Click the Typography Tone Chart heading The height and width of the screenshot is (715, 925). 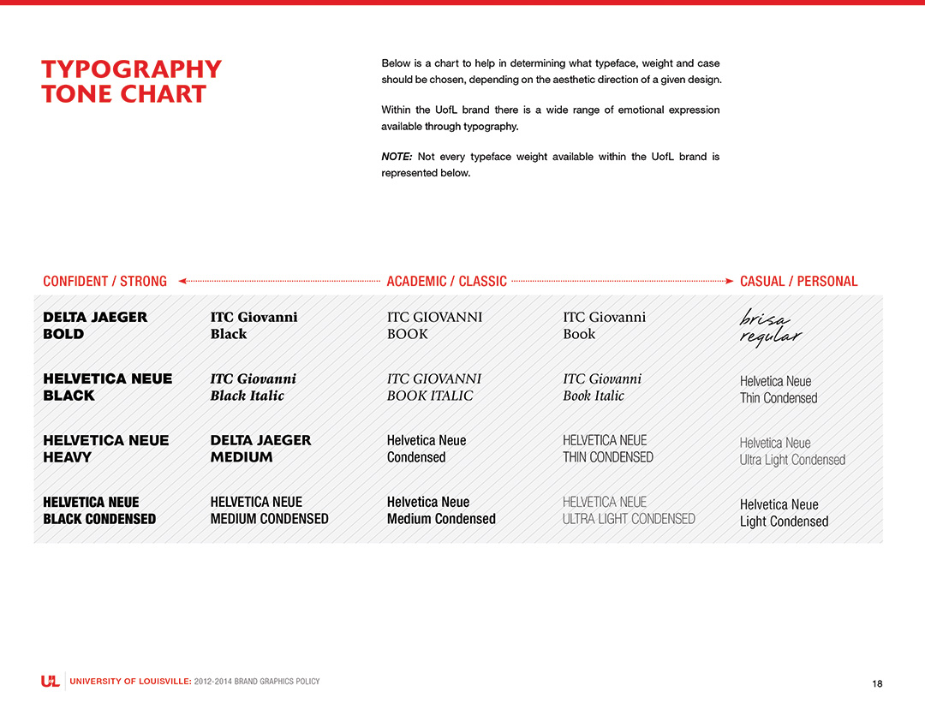[131, 81]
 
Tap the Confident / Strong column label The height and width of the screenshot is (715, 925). [104, 281]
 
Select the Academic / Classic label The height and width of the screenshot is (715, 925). [446, 281]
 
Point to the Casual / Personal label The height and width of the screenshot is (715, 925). [798, 281]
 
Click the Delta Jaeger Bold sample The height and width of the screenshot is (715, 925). [95, 325]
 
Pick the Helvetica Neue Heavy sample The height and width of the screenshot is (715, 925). [106, 449]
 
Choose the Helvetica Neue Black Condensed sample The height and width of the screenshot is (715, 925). [99, 510]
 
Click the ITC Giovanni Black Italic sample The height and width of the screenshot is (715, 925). [254, 387]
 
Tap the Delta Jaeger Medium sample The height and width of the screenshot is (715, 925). [260, 449]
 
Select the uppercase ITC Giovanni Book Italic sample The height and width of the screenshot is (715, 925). [434, 387]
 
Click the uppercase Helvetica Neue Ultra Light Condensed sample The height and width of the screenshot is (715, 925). [629, 510]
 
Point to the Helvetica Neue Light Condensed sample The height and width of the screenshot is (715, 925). [784, 513]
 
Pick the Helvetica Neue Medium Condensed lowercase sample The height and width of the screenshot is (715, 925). [441, 510]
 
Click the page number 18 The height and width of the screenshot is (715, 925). [877, 683]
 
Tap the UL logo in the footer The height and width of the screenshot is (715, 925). [51, 682]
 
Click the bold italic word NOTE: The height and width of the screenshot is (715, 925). [397, 157]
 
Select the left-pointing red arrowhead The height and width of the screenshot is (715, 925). [182, 281]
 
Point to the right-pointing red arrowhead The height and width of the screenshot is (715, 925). [729, 281]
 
